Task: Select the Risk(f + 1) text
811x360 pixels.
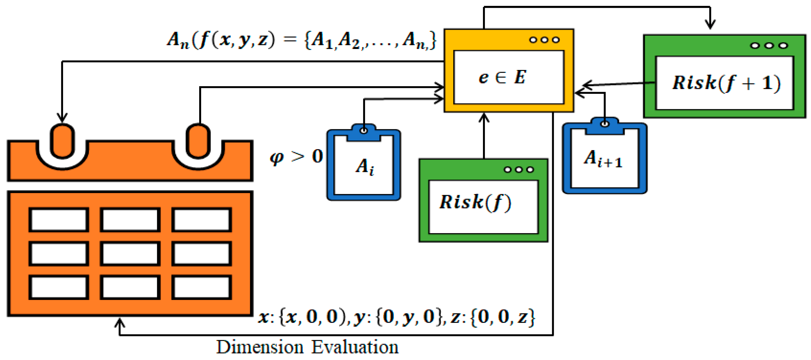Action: pos(726,83)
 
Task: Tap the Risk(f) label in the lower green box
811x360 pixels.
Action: pos(475,202)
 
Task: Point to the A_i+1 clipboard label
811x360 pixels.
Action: pos(603,159)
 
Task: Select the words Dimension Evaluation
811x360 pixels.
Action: pos(307,347)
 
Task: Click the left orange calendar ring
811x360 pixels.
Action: pos(62,141)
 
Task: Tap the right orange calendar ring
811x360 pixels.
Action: pos(198,141)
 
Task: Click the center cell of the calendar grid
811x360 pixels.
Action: pos(130,254)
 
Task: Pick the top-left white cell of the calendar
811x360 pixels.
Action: pos(59,220)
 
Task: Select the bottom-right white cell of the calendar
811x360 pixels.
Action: pos(201,287)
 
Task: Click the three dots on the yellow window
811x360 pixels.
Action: pos(544,40)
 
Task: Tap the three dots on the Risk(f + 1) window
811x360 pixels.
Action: pos(769,46)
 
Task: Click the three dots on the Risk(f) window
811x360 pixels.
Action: pos(519,170)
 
